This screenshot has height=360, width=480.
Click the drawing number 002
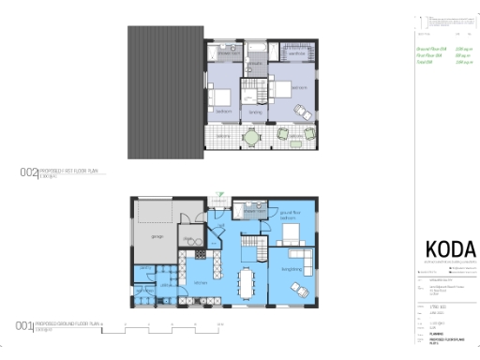27,172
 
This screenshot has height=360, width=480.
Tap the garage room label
156,235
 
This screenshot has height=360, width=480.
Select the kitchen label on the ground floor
201,281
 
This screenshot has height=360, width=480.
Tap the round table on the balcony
250,138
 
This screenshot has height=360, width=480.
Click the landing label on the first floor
254,112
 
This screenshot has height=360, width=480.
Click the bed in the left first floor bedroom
220,96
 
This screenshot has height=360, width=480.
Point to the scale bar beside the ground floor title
173,326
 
